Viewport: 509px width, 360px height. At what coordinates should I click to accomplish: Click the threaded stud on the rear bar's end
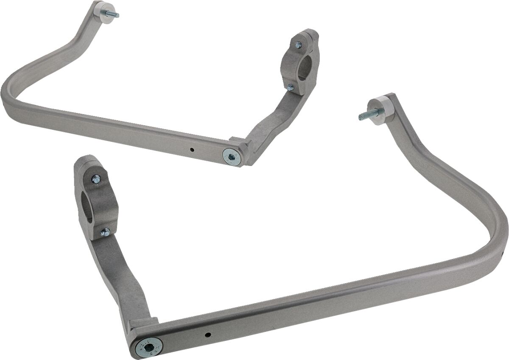coord(113,14)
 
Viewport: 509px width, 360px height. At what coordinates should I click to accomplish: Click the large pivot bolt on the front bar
coord(148,347)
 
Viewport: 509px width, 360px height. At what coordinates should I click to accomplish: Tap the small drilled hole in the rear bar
coord(192,149)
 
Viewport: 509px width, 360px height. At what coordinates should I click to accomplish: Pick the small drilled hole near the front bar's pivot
coord(207,335)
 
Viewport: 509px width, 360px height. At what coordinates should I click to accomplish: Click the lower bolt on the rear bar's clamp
coord(290,88)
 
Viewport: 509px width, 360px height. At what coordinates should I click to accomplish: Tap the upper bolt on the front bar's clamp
coord(96,179)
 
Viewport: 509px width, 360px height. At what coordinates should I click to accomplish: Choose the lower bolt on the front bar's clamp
coord(104,232)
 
